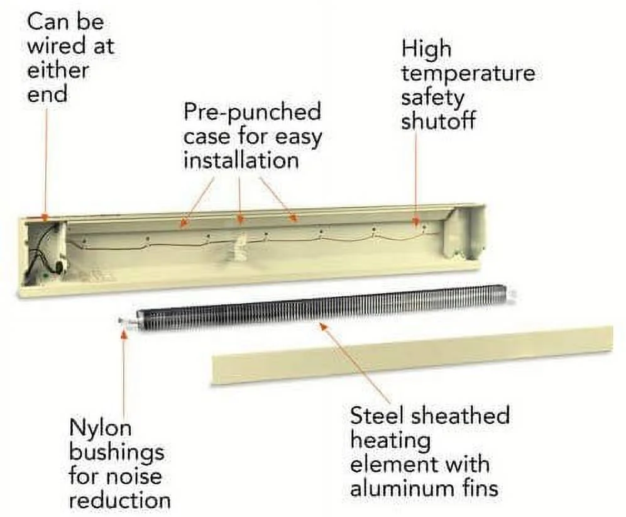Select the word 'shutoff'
pos(437,121)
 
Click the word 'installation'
pos(241,160)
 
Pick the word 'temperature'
pos(468,74)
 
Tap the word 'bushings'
pos(116,452)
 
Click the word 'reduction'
pos(119,500)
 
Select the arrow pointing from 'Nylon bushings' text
pos(124,371)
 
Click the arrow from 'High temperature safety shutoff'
pos(415,176)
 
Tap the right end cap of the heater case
pos(465,231)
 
